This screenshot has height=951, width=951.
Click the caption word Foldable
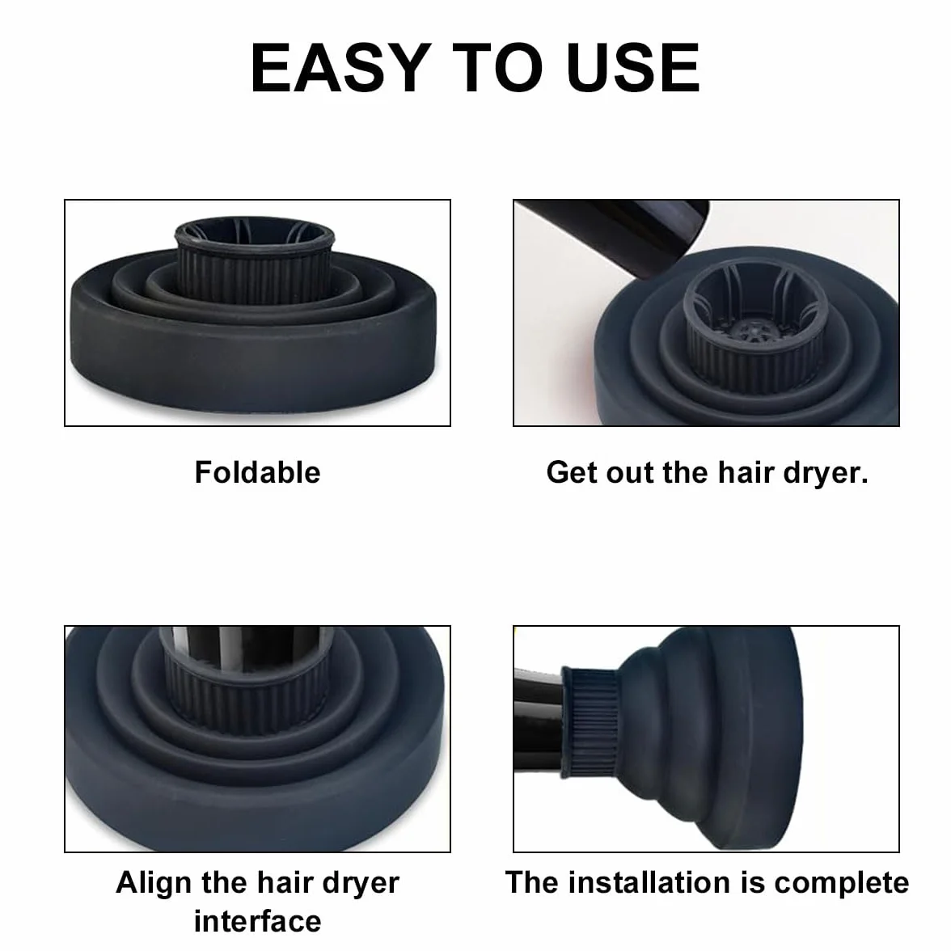coord(257,472)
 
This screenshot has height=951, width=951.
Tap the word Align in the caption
coord(154,883)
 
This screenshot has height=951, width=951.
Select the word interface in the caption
coord(257,921)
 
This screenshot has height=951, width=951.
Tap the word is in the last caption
coord(752,882)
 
